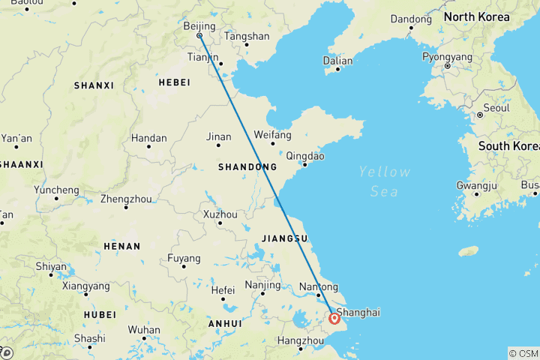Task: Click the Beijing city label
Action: [x=199, y=26]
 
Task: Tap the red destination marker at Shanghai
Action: [x=334, y=319]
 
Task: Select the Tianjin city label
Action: [x=202, y=57]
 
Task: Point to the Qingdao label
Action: [x=305, y=157]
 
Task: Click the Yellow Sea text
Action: [x=384, y=181]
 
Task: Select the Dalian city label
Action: [x=337, y=60]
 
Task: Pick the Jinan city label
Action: [x=219, y=136]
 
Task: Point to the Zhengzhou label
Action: [x=126, y=199]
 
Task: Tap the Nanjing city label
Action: [x=262, y=285]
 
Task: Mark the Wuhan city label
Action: [x=144, y=329]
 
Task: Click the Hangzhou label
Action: [x=298, y=340]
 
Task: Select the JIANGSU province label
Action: [x=285, y=238]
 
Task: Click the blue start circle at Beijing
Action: [x=199, y=35]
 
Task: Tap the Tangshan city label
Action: [x=247, y=36]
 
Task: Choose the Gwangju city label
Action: [x=477, y=185]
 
